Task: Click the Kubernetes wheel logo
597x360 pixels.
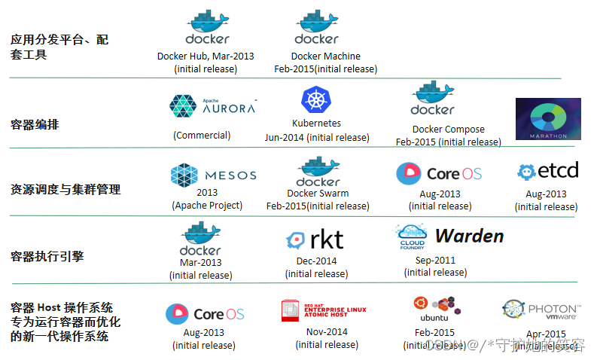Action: (x=316, y=100)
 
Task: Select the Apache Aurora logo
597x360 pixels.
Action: (x=213, y=106)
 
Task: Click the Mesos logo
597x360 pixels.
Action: (x=214, y=175)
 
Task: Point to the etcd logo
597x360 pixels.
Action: (x=547, y=172)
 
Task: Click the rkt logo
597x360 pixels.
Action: (x=315, y=239)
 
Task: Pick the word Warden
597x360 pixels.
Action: (x=469, y=236)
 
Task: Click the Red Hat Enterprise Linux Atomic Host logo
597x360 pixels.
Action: (x=323, y=311)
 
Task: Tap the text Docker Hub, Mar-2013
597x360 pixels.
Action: (x=206, y=56)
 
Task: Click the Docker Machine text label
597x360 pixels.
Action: (x=325, y=56)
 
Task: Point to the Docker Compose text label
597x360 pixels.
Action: (x=448, y=129)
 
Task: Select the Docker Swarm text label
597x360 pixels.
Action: (x=318, y=194)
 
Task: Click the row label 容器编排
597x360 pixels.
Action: (x=35, y=124)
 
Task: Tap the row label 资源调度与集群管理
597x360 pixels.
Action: (x=65, y=190)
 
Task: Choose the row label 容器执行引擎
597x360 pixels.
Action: (x=47, y=257)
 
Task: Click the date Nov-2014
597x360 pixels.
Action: (x=327, y=331)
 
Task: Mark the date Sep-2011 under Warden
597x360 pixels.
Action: (x=434, y=260)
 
